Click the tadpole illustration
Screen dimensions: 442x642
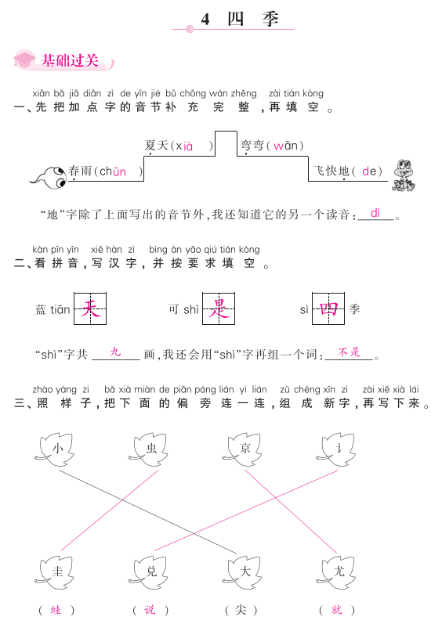point(49,177)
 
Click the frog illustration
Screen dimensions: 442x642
point(404,175)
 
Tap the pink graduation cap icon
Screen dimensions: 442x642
point(24,60)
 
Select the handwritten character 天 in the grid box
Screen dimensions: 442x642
point(90,308)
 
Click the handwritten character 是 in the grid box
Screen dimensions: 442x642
point(219,308)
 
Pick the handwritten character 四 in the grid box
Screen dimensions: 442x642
point(328,308)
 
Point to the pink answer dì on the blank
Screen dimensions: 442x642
point(375,213)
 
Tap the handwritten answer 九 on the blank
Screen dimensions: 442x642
point(116,352)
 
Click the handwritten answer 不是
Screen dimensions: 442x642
point(349,352)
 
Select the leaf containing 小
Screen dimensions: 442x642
point(56,449)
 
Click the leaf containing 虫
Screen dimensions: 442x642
point(149,449)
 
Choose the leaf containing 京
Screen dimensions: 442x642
point(243,449)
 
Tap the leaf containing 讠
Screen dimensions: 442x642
point(337,449)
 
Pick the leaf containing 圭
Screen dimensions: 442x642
point(56,572)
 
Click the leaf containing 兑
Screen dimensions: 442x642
point(149,572)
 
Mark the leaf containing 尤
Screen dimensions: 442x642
point(337,572)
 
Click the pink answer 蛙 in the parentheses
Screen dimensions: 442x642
point(56,610)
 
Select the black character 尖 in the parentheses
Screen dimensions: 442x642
point(241,610)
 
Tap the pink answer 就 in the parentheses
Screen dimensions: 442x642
point(337,610)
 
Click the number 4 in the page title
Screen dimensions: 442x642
point(205,20)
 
